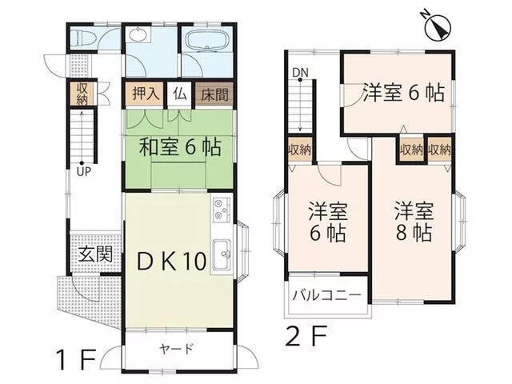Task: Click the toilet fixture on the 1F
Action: (x=83, y=38)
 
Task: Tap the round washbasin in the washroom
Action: (x=139, y=34)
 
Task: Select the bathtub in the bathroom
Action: (x=207, y=41)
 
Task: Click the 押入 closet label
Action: (x=146, y=94)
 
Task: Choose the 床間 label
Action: (x=214, y=94)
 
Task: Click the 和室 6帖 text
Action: (x=180, y=147)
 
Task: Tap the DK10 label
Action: (x=172, y=261)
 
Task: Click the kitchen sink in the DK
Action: (x=222, y=255)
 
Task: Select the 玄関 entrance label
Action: (x=96, y=254)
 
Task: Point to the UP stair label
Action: (x=83, y=172)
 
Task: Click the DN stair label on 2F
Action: (x=301, y=73)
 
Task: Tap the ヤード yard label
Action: (x=177, y=349)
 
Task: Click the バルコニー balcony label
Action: (x=327, y=296)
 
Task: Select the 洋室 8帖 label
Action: (x=414, y=222)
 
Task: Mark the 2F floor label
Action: (x=306, y=336)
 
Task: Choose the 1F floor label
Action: (x=76, y=359)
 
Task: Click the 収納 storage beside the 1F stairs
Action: (x=82, y=94)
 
